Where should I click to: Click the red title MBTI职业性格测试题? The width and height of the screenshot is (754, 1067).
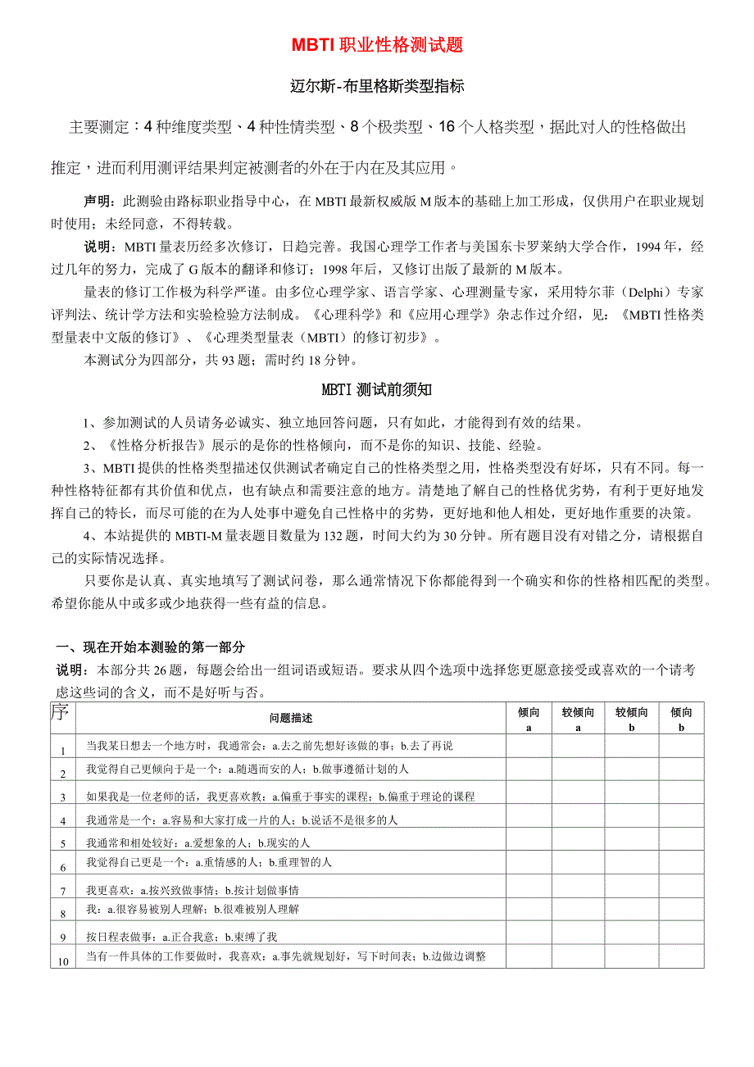tap(378, 45)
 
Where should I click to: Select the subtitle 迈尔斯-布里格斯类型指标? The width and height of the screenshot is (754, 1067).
tap(378, 85)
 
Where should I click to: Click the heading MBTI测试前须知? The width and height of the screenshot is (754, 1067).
tap(377, 390)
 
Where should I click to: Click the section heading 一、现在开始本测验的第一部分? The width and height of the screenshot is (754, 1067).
tap(149, 647)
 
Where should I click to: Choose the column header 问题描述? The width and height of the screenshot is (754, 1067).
tap(291, 718)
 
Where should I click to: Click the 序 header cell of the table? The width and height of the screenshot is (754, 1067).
tap(61, 712)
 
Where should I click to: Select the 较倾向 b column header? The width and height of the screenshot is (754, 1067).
tap(631, 719)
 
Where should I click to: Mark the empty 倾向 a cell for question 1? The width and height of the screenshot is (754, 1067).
tap(529, 746)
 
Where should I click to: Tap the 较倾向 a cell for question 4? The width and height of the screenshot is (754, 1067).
tap(578, 820)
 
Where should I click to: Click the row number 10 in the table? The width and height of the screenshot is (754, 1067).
tap(63, 961)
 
